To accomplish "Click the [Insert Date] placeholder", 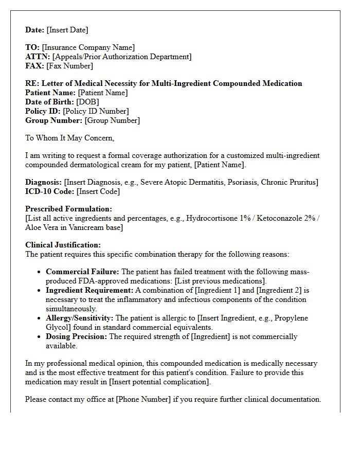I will [67, 30].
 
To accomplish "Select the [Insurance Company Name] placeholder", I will [88, 47].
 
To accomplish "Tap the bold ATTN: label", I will [38, 57].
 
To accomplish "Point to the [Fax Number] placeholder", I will [69, 66].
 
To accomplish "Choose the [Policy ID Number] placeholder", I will [96, 111].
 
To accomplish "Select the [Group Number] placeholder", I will [112, 120].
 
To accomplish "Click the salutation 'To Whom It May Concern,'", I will [70, 138].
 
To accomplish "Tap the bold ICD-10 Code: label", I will [50, 191].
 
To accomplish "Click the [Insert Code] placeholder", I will [98, 191].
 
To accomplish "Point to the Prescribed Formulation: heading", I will [68, 209].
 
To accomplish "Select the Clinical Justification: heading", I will [63, 245].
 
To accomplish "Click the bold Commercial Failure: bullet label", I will [82, 272].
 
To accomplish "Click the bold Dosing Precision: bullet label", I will [77, 336].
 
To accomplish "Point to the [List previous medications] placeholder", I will [221, 281].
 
